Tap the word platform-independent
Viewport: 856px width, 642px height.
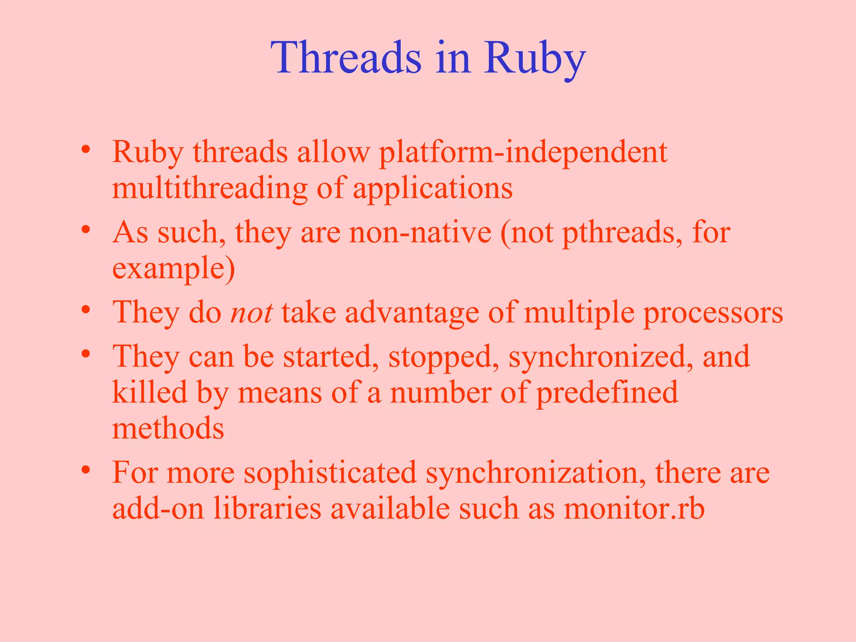point(523,152)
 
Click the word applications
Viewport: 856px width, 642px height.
point(433,189)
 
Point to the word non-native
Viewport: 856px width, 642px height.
point(420,232)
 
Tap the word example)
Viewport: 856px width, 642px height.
point(173,269)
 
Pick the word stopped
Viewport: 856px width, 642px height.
point(443,357)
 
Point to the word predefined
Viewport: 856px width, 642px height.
point(607,393)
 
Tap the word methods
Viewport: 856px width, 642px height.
point(168,429)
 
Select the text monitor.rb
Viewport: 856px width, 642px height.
point(634,509)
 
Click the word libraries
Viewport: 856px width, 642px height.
point(267,509)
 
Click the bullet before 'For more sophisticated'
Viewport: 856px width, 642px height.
point(86,470)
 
